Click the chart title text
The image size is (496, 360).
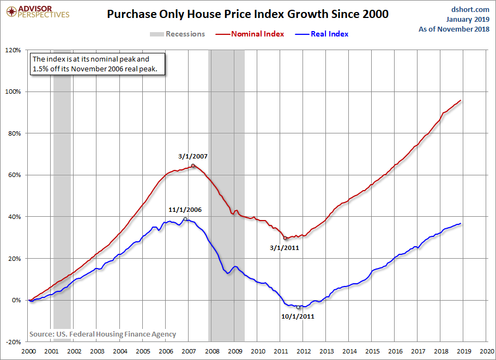coord(248,14)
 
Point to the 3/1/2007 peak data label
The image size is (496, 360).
coord(193,156)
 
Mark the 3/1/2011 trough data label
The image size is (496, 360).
coord(285,247)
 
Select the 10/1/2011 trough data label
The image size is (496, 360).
coord(299,316)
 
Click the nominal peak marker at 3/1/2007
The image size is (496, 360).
coord(193,166)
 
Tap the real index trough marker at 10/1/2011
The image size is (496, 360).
coord(298,307)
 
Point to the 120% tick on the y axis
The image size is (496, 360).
coord(13,50)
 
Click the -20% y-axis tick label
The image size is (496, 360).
coord(13,342)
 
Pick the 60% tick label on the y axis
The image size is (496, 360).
coord(14,175)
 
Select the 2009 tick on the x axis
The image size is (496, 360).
coord(235,352)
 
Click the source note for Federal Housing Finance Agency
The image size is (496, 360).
coord(102,334)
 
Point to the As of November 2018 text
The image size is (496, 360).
coord(454,29)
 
